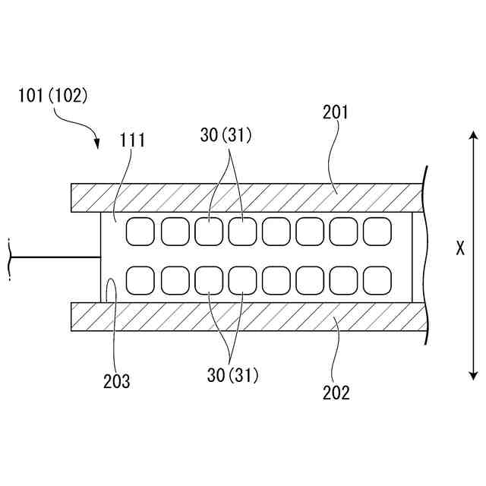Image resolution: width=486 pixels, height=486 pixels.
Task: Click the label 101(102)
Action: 52,96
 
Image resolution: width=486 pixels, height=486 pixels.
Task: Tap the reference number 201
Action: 335,112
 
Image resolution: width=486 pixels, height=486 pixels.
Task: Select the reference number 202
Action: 336,393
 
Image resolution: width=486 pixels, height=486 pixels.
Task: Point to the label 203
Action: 116,381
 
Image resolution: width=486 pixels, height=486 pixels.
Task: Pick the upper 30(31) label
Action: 226,135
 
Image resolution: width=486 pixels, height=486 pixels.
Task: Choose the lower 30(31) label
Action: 233,374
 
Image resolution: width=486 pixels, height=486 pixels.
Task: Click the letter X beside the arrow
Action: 459,248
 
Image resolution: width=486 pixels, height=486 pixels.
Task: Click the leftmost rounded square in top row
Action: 140,232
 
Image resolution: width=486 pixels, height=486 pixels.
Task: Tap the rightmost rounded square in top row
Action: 377,232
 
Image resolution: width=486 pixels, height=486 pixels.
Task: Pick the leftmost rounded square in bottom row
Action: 140,280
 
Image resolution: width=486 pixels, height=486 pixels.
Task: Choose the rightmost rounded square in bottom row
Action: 377,280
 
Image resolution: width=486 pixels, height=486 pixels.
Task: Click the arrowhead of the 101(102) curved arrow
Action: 97,144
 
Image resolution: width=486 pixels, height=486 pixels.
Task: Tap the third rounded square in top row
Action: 208,232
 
